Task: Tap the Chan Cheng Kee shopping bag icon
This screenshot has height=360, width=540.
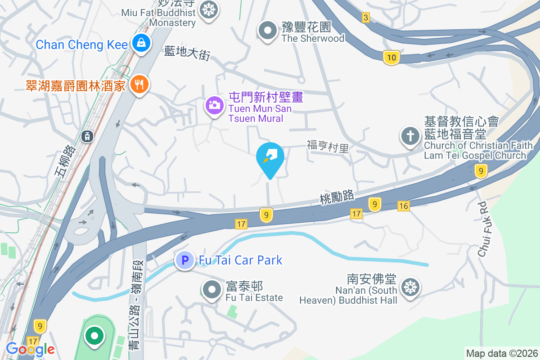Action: click(141, 44)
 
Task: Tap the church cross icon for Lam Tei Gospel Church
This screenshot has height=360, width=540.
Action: click(410, 136)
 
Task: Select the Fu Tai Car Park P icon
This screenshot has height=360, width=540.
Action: click(184, 260)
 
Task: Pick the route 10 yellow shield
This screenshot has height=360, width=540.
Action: click(391, 57)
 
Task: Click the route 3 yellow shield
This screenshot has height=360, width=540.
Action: click(365, 18)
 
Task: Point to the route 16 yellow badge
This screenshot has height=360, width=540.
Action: click(404, 206)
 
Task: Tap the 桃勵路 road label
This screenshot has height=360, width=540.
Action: click(337, 197)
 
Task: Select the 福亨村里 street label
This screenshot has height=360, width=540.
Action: click(328, 146)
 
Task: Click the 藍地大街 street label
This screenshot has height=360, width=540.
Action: click(187, 53)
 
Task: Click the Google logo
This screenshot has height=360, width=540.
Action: click(31, 349)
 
